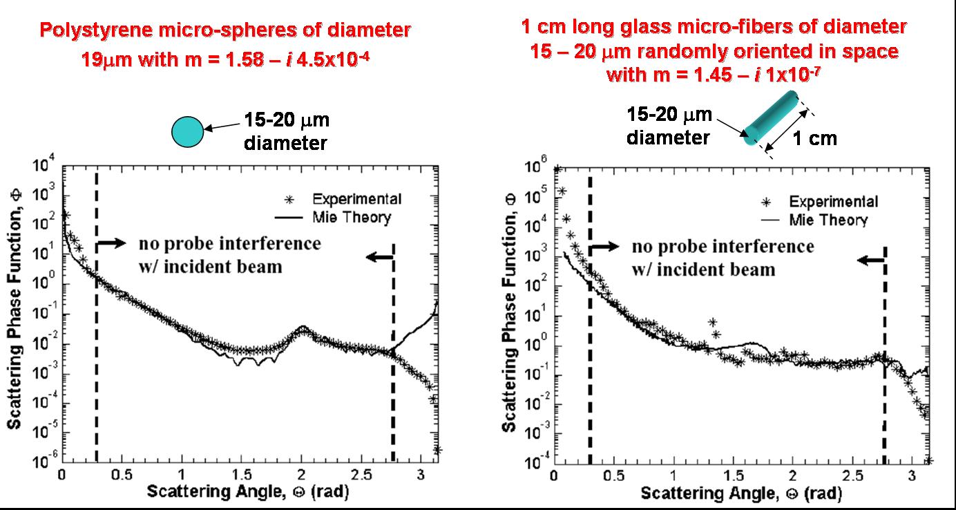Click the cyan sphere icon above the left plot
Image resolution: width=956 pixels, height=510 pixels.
point(187,131)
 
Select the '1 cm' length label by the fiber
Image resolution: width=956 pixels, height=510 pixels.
point(814,138)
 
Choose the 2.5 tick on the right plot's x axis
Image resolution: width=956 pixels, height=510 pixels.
point(852,476)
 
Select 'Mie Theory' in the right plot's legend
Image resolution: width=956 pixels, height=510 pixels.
point(828,220)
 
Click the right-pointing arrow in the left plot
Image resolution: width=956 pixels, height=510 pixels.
point(112,243)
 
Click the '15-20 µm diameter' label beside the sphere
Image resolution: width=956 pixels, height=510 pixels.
point(286,131)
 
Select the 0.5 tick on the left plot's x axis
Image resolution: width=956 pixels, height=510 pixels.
point(122,475)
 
